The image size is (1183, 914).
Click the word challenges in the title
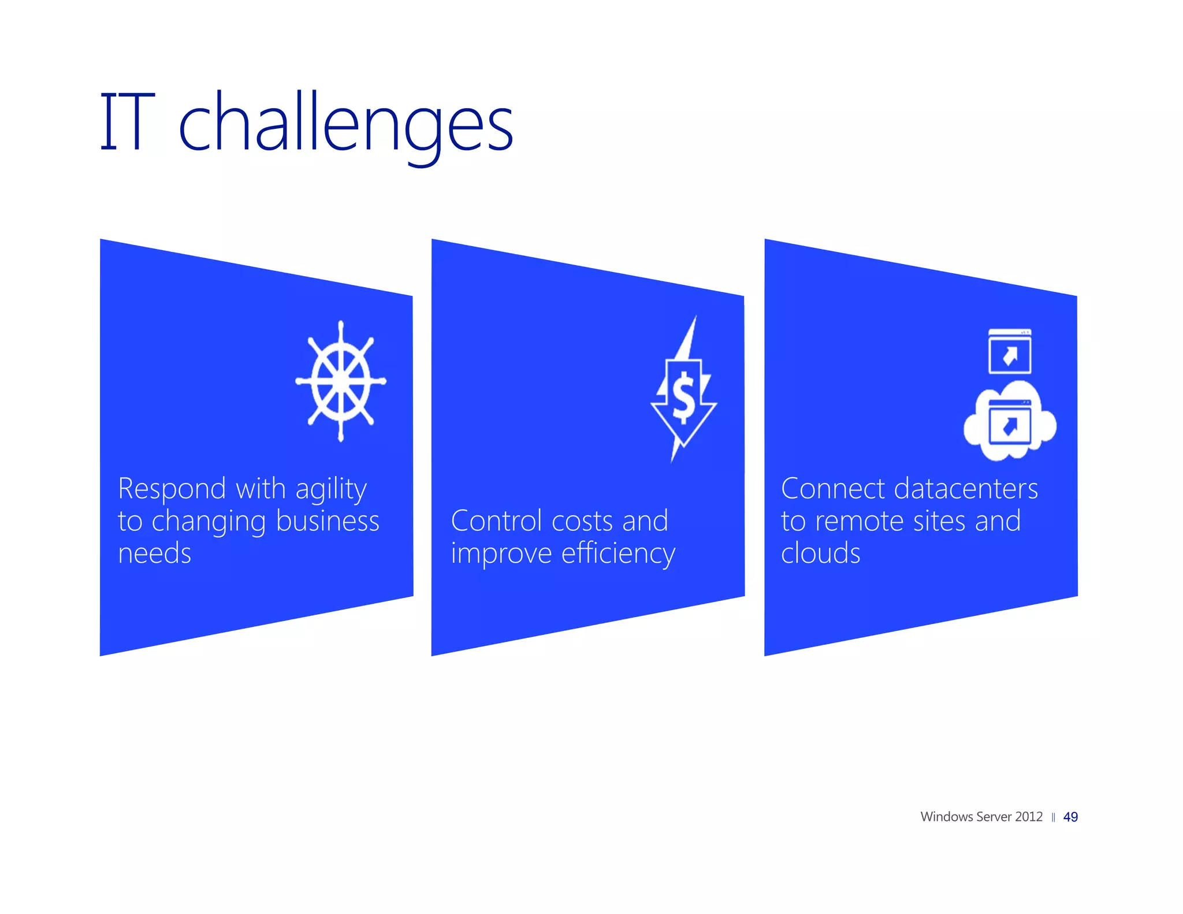[345, 124]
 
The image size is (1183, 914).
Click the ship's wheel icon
[341, 381]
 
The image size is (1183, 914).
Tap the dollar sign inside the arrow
[684, 397]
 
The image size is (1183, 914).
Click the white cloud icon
[1010, 425]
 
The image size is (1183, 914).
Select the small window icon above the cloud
[1009, 351]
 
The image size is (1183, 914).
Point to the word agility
[331, 490]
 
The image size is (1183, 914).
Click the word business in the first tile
[328, 521]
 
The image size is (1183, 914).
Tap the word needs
[154, 553]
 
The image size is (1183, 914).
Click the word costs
[582, 521]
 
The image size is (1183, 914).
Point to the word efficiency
[618, 555]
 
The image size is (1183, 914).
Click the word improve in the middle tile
[501, 555]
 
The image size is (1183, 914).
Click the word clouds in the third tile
[820, 553]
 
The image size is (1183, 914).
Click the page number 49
[1070, 817]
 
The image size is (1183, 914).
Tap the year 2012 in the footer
[1029, 817]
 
